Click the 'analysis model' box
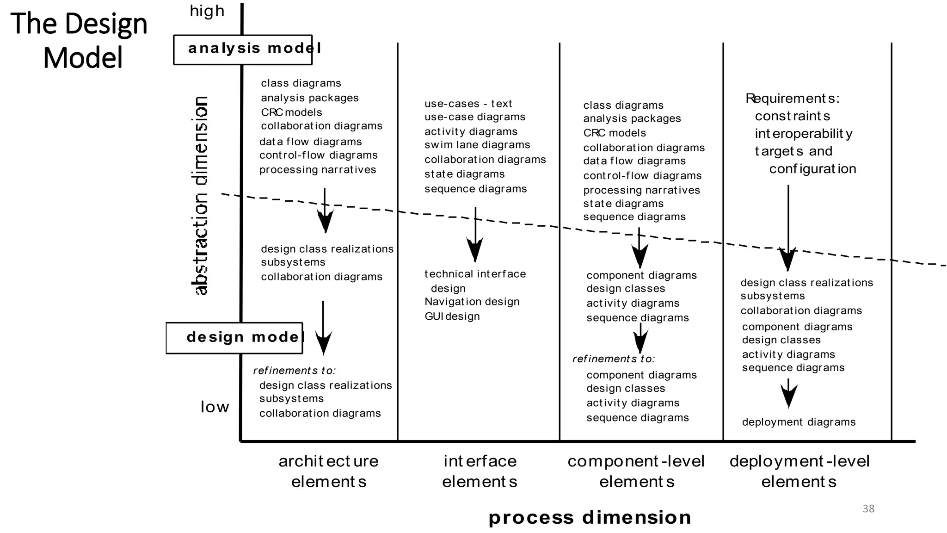[x=243, y=49]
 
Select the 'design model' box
[x=234, y=338]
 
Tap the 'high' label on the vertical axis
[x=207, y=11]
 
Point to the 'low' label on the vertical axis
[x=215, y=407]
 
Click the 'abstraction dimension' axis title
[x=200, y=196]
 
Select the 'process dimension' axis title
[x=590, y=518]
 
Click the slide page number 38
[x=868, y=509]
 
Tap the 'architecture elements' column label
[x=329, y=471]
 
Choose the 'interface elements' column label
[x=480, y=471]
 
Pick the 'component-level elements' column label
[x=636, y=471]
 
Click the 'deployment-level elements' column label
[x=799, y=471]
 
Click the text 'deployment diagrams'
[x=799, y=422]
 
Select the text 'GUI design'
[x=452, y=316]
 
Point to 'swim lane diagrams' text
[x=477, y=145]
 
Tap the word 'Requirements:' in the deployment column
[x=793, y=99]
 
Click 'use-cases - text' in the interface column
[x=468, y=104]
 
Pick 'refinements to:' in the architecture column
[x=294, y=371]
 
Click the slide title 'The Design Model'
[x=80, y=41]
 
